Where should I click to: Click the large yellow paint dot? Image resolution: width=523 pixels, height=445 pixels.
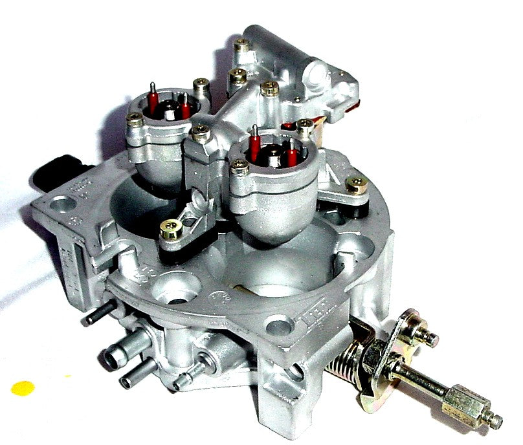tap(23, 387)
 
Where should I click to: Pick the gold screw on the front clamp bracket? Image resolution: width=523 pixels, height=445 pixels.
tap(171, 230)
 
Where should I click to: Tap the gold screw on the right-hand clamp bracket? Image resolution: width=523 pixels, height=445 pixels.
tap(357, 185)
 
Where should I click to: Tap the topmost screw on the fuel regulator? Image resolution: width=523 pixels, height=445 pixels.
tap(242, 45)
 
